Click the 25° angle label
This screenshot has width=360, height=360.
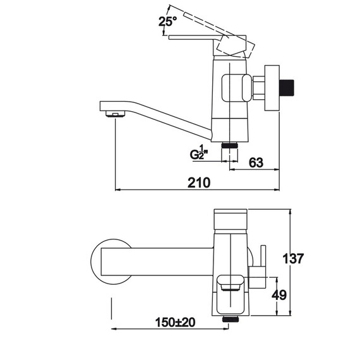(168, 22)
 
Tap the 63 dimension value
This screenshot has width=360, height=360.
(256, 162)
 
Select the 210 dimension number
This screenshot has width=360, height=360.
(199, 183)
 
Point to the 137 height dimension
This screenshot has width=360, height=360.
(293, 258)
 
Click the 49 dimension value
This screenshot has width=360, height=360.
(279, 295)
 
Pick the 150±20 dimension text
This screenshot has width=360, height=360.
(176, 322)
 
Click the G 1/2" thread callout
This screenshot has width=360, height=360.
(199, 152)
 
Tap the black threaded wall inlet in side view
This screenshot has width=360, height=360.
(287, 88)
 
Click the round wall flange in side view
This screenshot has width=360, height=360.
(272, 88)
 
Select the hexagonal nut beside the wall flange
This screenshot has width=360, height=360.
(258, 88)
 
